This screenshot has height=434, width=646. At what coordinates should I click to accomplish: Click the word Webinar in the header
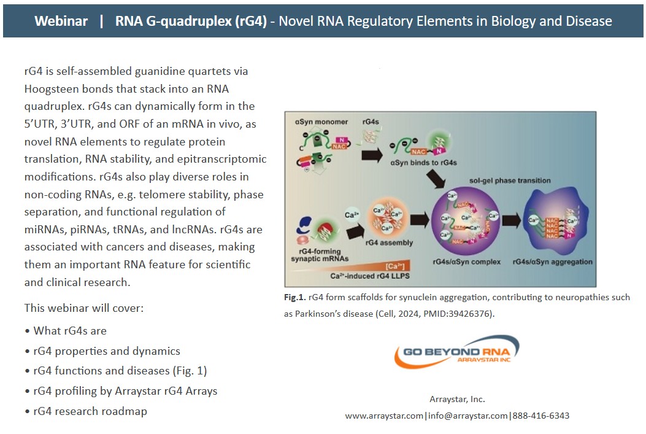pyautogui.click(x=61, y=21)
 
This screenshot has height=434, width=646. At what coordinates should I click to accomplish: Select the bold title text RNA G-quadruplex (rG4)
pyautogui.click(x=191, y=21)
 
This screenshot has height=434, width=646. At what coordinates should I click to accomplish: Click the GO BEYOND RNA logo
pyautogui.click(x=457, y=352)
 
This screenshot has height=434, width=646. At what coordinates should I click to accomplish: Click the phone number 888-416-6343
pyautogui.click(x=540, y=416)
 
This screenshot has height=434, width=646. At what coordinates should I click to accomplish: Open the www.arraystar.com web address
pyautogui.click(x=384, y=416)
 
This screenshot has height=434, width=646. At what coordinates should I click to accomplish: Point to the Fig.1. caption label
pyautogui.click(x=295, y=297)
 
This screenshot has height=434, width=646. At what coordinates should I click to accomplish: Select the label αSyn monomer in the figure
pyautogui.click(x=322, y=122)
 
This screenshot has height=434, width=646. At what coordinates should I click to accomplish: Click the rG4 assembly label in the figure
pyautogui.click(x=389, y=242)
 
